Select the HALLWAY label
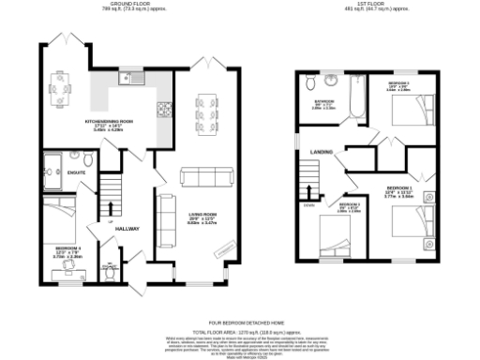point(127,228)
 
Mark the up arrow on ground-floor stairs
point(112,208)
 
